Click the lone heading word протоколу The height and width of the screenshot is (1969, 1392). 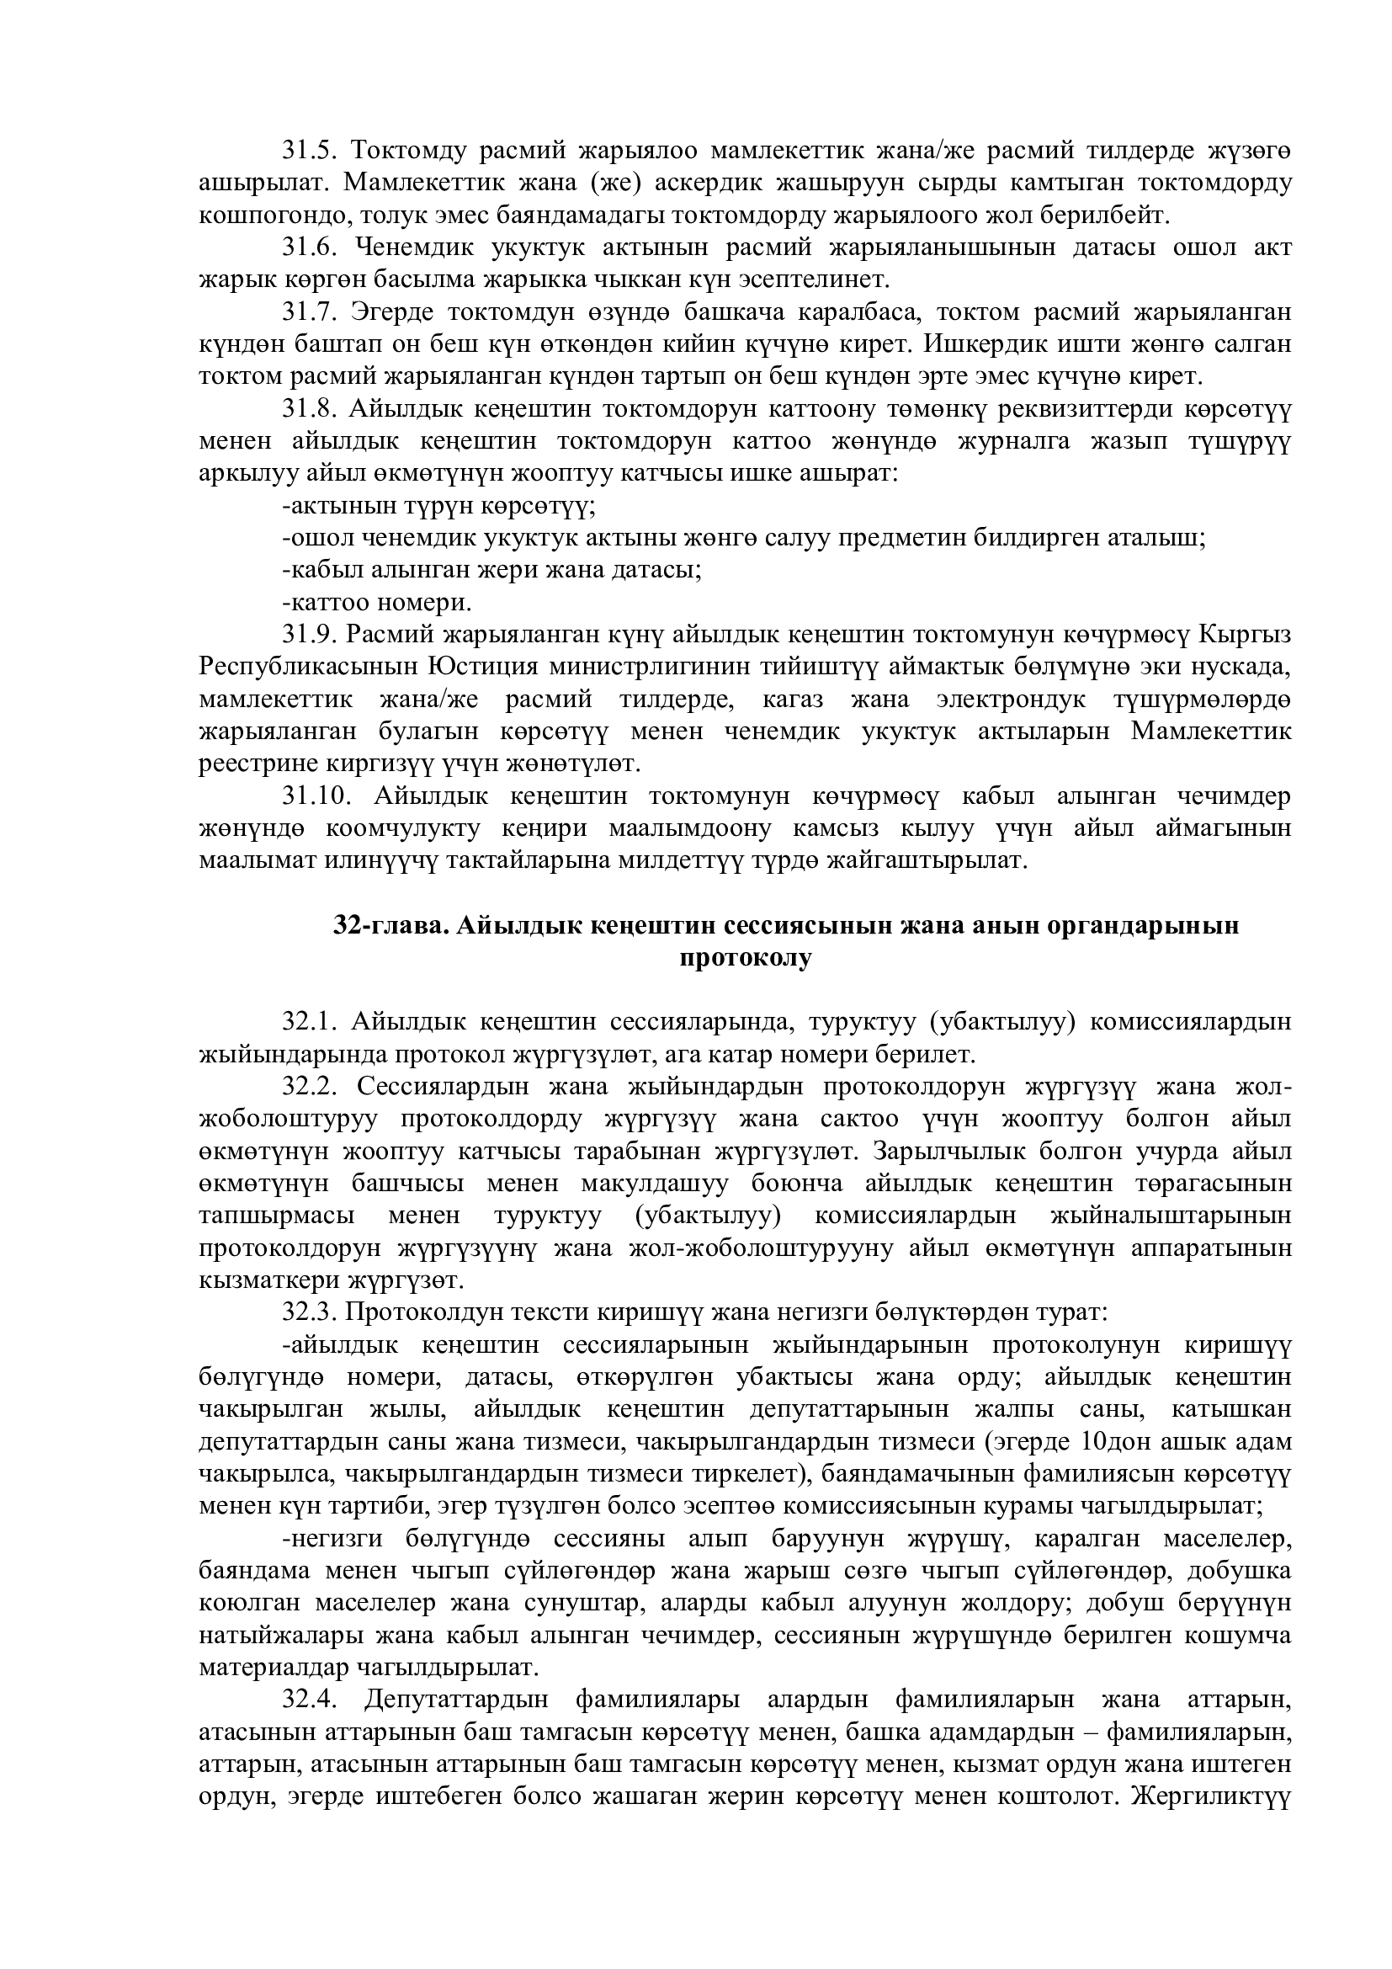click(744, 958)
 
